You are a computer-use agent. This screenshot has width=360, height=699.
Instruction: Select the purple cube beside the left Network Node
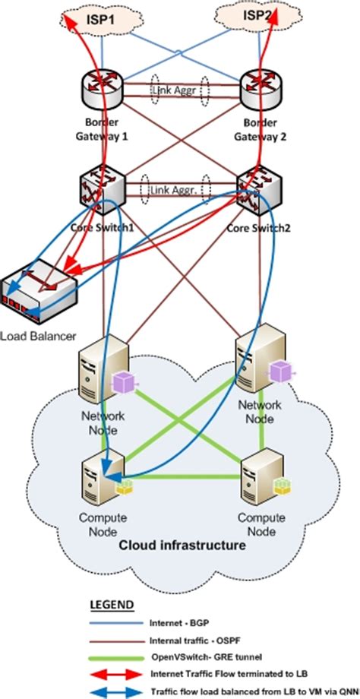[123, 381]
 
